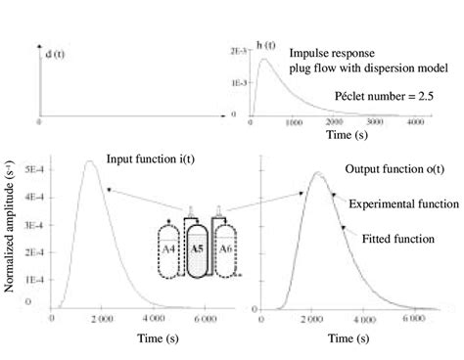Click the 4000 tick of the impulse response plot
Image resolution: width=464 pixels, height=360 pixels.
click(416, 122)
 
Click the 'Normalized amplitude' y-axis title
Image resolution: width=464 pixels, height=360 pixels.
click(12, 243)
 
